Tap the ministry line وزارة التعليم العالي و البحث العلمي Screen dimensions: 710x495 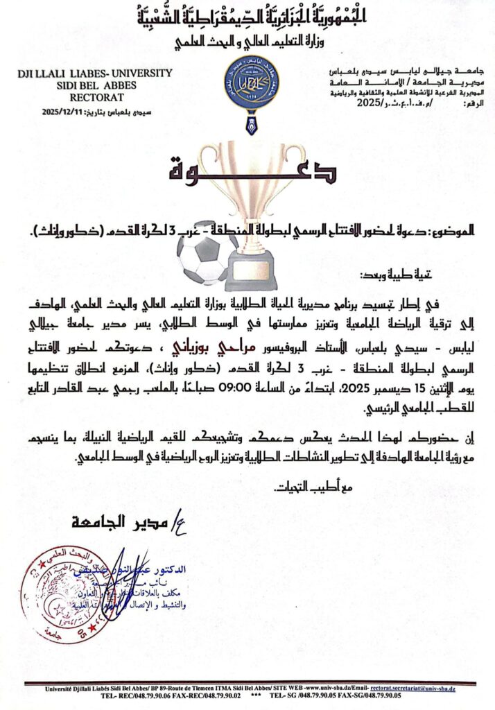coord(247,42)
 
